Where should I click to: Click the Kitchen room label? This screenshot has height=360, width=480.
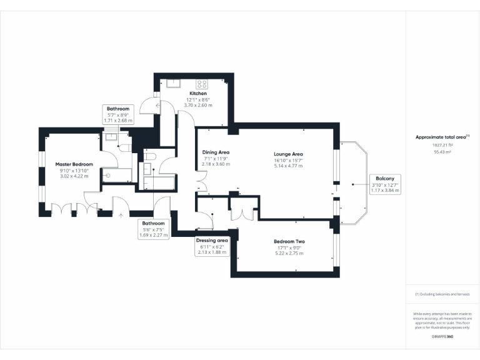click(198, 94)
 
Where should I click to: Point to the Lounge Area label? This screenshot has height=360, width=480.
click(288, 154)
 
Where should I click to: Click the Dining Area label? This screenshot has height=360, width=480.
click(216, 152)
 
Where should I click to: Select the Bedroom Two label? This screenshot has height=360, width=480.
click(288, 241)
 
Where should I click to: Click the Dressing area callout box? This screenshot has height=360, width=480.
click(212, 246)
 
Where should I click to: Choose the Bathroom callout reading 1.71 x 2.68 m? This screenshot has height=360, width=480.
click(117, 114)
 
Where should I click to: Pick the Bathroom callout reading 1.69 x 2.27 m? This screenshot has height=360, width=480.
click(153, 229)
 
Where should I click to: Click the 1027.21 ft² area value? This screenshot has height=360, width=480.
click(442, 145)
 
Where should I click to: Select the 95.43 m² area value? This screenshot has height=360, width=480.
click(442, 151)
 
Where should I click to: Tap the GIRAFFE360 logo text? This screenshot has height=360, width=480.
click(442, 337)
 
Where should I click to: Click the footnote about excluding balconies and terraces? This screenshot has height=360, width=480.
click(442, 294)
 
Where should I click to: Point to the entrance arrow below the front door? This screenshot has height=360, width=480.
click(121, 216)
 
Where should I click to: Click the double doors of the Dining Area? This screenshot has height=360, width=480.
click(202, 186)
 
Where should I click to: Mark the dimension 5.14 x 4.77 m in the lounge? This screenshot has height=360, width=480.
click(288, 166)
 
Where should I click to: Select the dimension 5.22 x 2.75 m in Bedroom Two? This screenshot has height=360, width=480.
click(288, 253)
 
